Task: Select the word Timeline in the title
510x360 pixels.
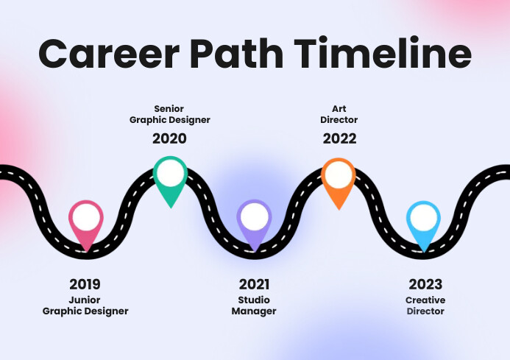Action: point(383,53)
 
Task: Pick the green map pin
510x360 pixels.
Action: point(171,180)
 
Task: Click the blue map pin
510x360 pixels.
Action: point(424,224)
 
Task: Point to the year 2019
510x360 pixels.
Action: point(85,284)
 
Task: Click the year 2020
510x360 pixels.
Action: point(169,138)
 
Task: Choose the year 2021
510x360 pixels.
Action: point(254,284)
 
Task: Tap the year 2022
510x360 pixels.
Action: point(339,138)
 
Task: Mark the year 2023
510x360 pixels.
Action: point(425,284)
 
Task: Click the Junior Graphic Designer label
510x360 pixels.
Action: point(85,306)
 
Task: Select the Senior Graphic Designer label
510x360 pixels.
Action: point(169,114)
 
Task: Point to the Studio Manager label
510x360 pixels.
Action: point(254,306)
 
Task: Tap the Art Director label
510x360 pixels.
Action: point(339,114)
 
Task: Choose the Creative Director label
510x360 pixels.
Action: point(425,306)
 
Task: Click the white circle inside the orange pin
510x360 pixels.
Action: point(339,174)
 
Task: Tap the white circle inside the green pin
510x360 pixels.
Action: point(171,174)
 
